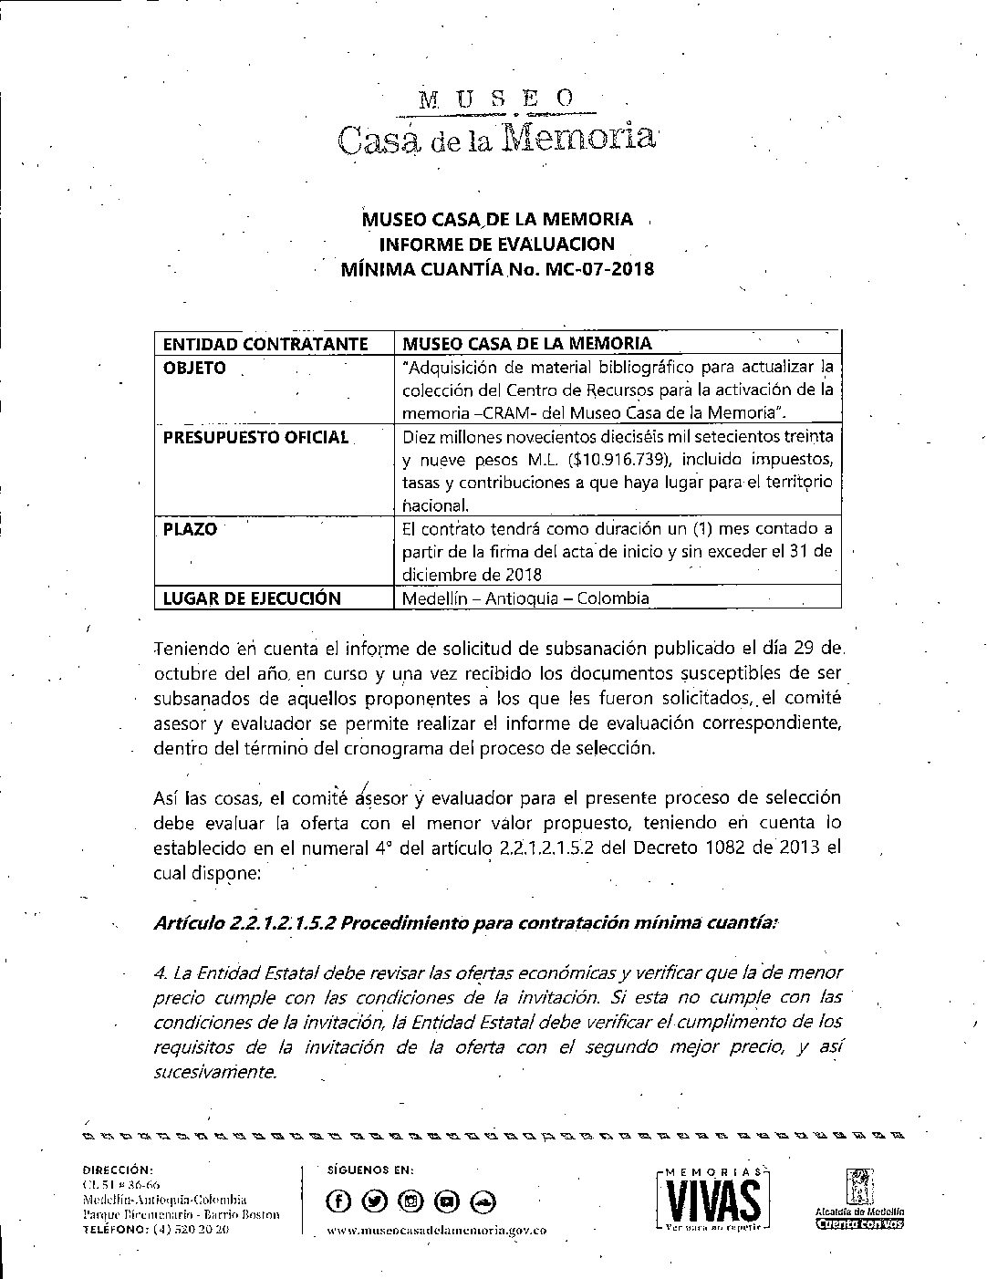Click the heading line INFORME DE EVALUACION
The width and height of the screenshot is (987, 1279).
click(497, 244)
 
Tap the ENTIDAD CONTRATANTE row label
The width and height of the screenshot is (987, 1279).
click(265, 344)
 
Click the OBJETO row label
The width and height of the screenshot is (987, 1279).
click(194, 368)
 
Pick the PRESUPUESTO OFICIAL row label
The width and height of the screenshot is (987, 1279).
click(256, 437)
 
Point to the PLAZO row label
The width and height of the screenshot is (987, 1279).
click(190, 529)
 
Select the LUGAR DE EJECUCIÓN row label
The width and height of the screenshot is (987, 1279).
click(252, 598)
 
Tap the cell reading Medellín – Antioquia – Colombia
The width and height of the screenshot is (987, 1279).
click(525, 598)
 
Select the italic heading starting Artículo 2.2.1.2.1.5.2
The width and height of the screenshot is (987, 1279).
click(466, 922)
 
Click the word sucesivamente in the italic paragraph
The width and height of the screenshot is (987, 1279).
click(215, 1072)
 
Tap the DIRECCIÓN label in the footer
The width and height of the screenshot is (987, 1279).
click(118, 1169)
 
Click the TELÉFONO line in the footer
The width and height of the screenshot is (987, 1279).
click(155, 1229)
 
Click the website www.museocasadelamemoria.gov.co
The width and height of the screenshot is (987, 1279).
click(436, 1231)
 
